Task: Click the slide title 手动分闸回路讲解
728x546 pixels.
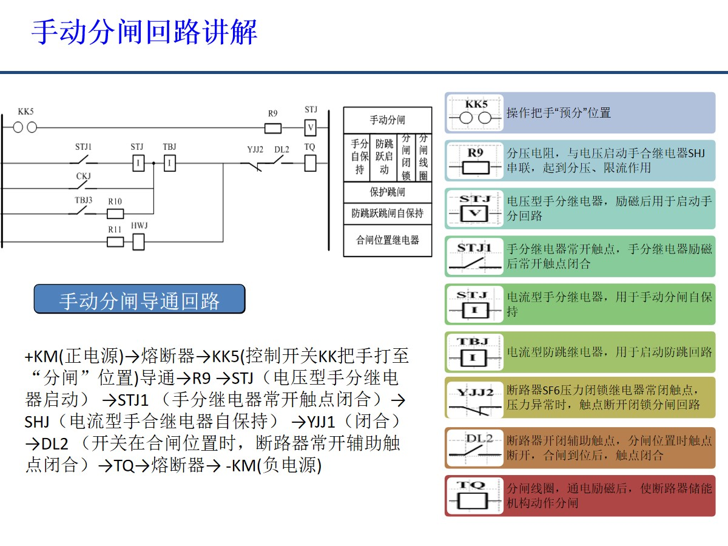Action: pos(144,32)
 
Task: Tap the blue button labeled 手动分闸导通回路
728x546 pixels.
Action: pos(140,300)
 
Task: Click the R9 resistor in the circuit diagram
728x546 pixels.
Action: pos(273,128)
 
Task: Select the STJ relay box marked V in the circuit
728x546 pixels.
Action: pos(311,128)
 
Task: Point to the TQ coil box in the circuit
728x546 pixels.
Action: pos(310,163)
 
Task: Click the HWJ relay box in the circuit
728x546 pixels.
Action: pos(138,241)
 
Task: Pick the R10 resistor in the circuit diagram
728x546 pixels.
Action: pos(115,214)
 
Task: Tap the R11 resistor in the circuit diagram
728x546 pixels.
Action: pos(115,241)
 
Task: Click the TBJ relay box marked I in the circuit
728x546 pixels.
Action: pos(170,163)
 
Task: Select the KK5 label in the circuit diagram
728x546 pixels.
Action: pos(26,112)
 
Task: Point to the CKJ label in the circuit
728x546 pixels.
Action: pos(83,176)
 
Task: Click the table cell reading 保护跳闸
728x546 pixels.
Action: pos(388,192)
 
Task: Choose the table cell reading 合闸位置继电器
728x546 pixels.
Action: pos(388,240)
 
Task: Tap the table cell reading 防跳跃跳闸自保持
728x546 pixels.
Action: pos(388,214)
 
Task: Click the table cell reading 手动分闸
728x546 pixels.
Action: pos(388,120)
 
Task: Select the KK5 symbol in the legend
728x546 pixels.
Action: pos(476,113)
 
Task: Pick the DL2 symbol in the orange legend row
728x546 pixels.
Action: pos(476,448)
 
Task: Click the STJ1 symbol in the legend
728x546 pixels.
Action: pos(476,257)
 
